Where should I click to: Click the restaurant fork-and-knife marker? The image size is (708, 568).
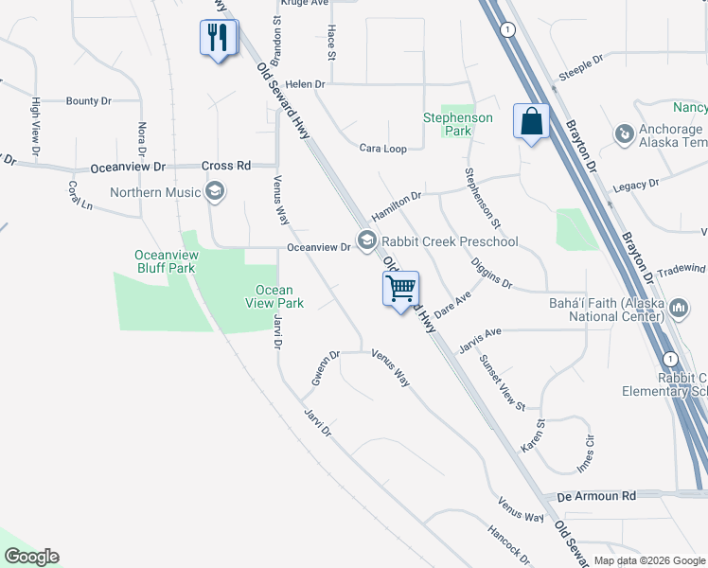tap(219, 39)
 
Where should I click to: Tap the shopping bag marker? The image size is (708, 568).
tap(532, 122)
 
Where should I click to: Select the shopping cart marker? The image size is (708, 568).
tap(401, 288)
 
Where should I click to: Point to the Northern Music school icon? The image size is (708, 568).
tap(215, 193)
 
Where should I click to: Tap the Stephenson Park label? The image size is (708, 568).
tap(457, 124)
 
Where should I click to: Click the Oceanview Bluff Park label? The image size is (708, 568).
tap(166, 261)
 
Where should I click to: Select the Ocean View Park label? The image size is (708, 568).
tap(274, 296)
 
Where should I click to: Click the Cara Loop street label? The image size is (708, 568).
tap(382, 149)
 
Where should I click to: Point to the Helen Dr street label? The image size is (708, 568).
tap(306, 84)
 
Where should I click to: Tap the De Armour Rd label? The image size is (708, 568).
tap(596, 495)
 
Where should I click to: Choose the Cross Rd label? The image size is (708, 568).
tap(226, 166)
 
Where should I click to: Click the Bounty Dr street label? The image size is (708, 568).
tap(89, 100)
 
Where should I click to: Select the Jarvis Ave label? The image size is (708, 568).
tap(479, 336)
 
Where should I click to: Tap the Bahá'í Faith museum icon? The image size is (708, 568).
tap(679, 308)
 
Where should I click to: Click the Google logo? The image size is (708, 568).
tap(31, 557)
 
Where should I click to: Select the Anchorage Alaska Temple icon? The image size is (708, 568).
tap(624, 135)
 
